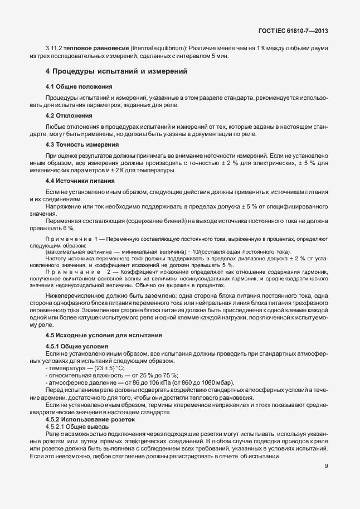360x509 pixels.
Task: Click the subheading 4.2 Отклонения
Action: point(69,115)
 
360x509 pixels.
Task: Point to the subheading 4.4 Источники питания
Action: point(80,181)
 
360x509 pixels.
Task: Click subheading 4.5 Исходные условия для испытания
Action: point(104,335)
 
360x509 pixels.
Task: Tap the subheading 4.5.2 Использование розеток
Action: point(90,419)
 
